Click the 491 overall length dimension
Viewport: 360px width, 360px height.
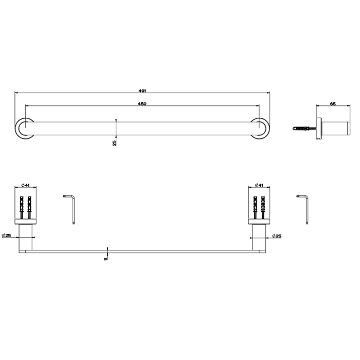143,91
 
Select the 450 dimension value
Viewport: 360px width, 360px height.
143,104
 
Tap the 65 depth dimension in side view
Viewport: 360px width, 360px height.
333,104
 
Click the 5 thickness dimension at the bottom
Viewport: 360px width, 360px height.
106,259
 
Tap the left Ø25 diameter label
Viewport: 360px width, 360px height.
7,236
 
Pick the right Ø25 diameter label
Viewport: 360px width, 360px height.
277,236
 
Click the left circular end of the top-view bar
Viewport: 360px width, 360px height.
23,129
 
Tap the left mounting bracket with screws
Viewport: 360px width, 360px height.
25,208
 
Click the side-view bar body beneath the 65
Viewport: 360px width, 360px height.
334,128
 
